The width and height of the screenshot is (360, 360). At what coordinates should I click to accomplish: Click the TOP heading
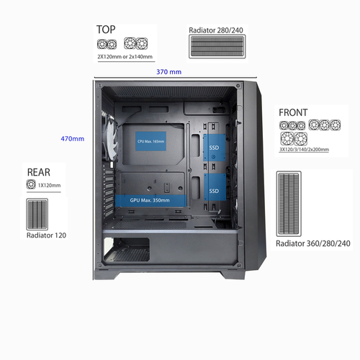tap(106, 30)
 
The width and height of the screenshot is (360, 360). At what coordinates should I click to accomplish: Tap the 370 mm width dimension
tap(169, 72)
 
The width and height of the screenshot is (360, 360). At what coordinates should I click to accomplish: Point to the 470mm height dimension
tap(73, 139)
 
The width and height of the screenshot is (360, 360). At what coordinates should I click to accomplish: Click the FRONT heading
tap(293, 112)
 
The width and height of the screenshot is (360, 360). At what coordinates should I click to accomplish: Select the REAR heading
tap(39, 172)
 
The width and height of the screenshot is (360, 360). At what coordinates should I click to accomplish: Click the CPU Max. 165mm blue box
tap(150, 141)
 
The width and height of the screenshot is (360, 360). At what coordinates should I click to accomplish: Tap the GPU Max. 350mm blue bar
tap(150, 200)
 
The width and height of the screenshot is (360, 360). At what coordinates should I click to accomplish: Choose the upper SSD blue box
tap(214, 148)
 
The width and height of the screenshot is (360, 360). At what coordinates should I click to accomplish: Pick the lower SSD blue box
tap(215, 187)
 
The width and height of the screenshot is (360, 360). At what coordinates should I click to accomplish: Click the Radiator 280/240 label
tap(216, 30)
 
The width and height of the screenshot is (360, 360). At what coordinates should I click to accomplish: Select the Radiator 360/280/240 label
tap(313, 243)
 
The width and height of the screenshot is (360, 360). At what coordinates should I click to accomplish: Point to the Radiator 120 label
tap(46, 235)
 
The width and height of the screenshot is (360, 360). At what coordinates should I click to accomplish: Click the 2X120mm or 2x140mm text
tap(125, 57)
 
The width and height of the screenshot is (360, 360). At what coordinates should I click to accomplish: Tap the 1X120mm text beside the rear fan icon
tap(49, 185)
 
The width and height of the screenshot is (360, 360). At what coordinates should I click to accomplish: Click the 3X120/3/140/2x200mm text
tap(304, 150)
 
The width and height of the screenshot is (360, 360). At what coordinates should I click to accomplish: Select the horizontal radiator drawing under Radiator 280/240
tap(217, 47)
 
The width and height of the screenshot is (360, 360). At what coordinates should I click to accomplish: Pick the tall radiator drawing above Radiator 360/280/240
tap(289, 204)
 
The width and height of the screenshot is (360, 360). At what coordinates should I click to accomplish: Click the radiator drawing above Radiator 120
tap(37, 215)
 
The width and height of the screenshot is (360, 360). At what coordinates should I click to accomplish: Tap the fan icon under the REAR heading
tap(31, 184)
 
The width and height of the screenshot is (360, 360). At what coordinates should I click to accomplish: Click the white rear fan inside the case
tap(110, 139)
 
